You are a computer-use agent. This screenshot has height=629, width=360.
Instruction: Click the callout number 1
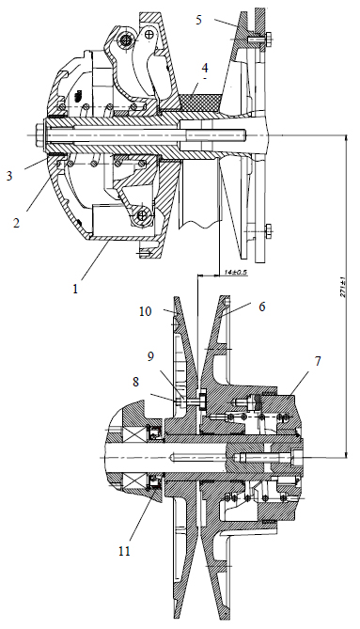tap(75, 289)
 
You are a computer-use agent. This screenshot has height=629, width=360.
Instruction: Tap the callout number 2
tap(16, 223)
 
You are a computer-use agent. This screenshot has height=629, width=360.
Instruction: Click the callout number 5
tap(199, 20)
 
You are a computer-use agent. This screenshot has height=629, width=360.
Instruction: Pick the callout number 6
tap(262, 307)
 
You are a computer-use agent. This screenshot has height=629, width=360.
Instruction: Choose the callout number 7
tap(318, 361)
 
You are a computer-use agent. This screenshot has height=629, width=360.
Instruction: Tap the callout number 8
tap(136, 382)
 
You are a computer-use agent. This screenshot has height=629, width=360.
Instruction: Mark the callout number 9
tap(150, 356)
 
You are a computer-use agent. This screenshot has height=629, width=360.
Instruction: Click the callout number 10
tap(146, 311)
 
